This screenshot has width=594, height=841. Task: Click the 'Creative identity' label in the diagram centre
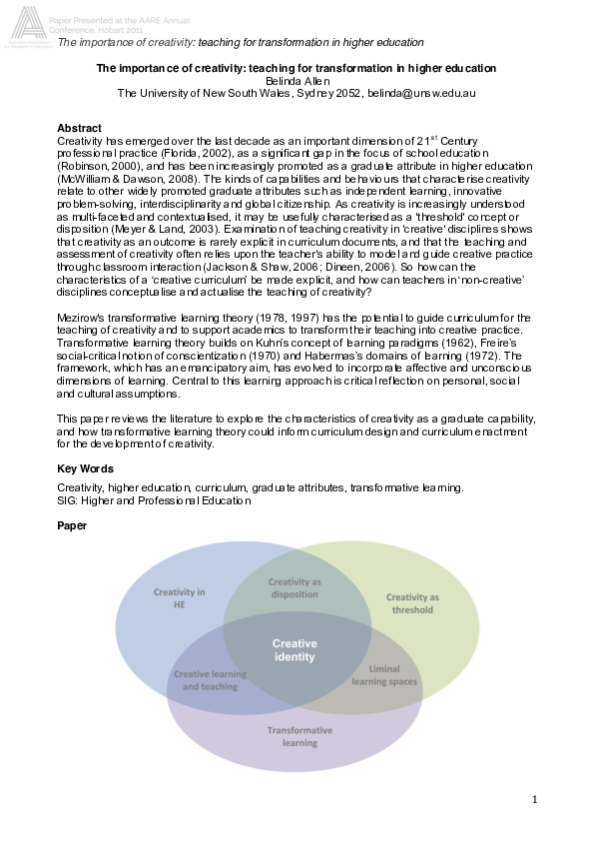coord(294,650)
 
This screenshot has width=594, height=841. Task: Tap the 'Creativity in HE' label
coord(180,598)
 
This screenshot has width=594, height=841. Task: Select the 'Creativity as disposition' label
coord(295,588)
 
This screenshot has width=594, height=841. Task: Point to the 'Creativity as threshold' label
coord(412,603)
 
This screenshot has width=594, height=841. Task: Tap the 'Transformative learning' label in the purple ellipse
coord(299,736)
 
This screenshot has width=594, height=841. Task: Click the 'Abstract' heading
coord(79,129)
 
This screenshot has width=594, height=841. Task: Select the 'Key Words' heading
coord(85,468)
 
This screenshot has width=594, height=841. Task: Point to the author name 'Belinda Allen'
coord(296,81)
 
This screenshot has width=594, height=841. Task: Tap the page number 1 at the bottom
coord(534,799)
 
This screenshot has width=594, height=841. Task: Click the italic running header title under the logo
coord(241,42)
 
